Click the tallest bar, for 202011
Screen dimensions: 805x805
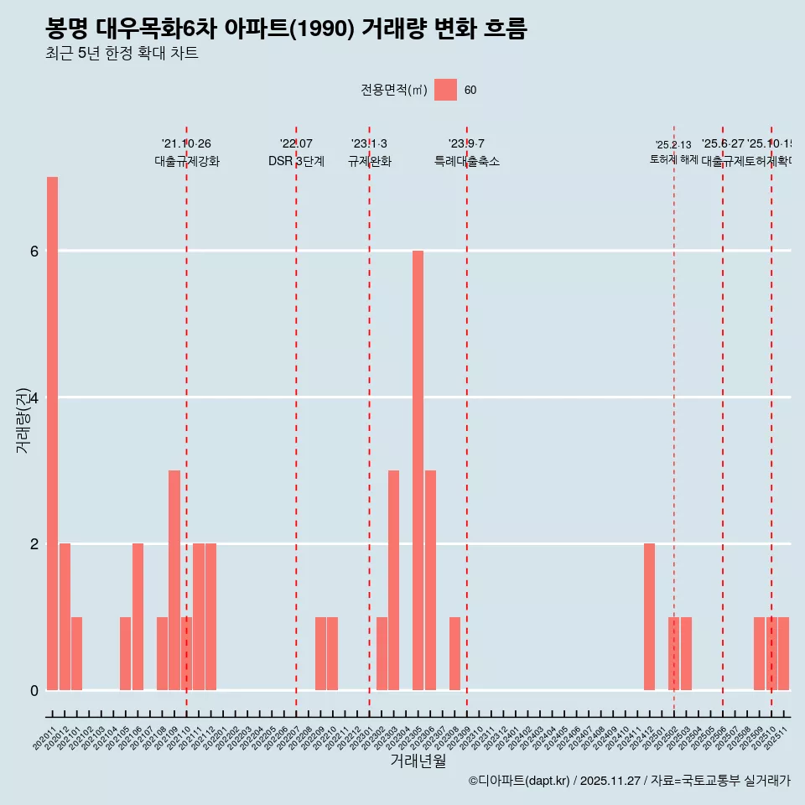coord(52,433)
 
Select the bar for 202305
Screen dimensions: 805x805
coord(418,470)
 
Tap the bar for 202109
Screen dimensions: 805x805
coord(174,579)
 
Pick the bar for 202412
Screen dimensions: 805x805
coord(649,616)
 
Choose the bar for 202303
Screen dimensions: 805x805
coord(393,579)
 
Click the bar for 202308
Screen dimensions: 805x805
coord(454,653)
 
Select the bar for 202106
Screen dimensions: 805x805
coord(138,616)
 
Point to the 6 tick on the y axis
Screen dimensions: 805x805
coord(34,251)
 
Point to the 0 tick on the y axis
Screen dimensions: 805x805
coord(34,690)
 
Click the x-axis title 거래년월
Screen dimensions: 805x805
coord(418,761)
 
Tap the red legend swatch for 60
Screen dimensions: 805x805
coord(445,90)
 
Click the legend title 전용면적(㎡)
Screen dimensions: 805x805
coord(394,90)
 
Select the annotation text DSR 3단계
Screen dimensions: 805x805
coord(296,161)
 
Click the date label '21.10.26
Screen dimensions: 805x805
coord(186,143)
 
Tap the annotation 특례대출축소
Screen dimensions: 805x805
coord(466,161)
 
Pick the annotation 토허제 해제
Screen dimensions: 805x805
coord(673,159)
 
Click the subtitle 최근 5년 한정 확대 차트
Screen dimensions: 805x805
coord(122,54)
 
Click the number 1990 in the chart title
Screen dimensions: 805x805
coord(322,29)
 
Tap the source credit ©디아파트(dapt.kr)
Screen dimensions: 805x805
coord(519,781)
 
